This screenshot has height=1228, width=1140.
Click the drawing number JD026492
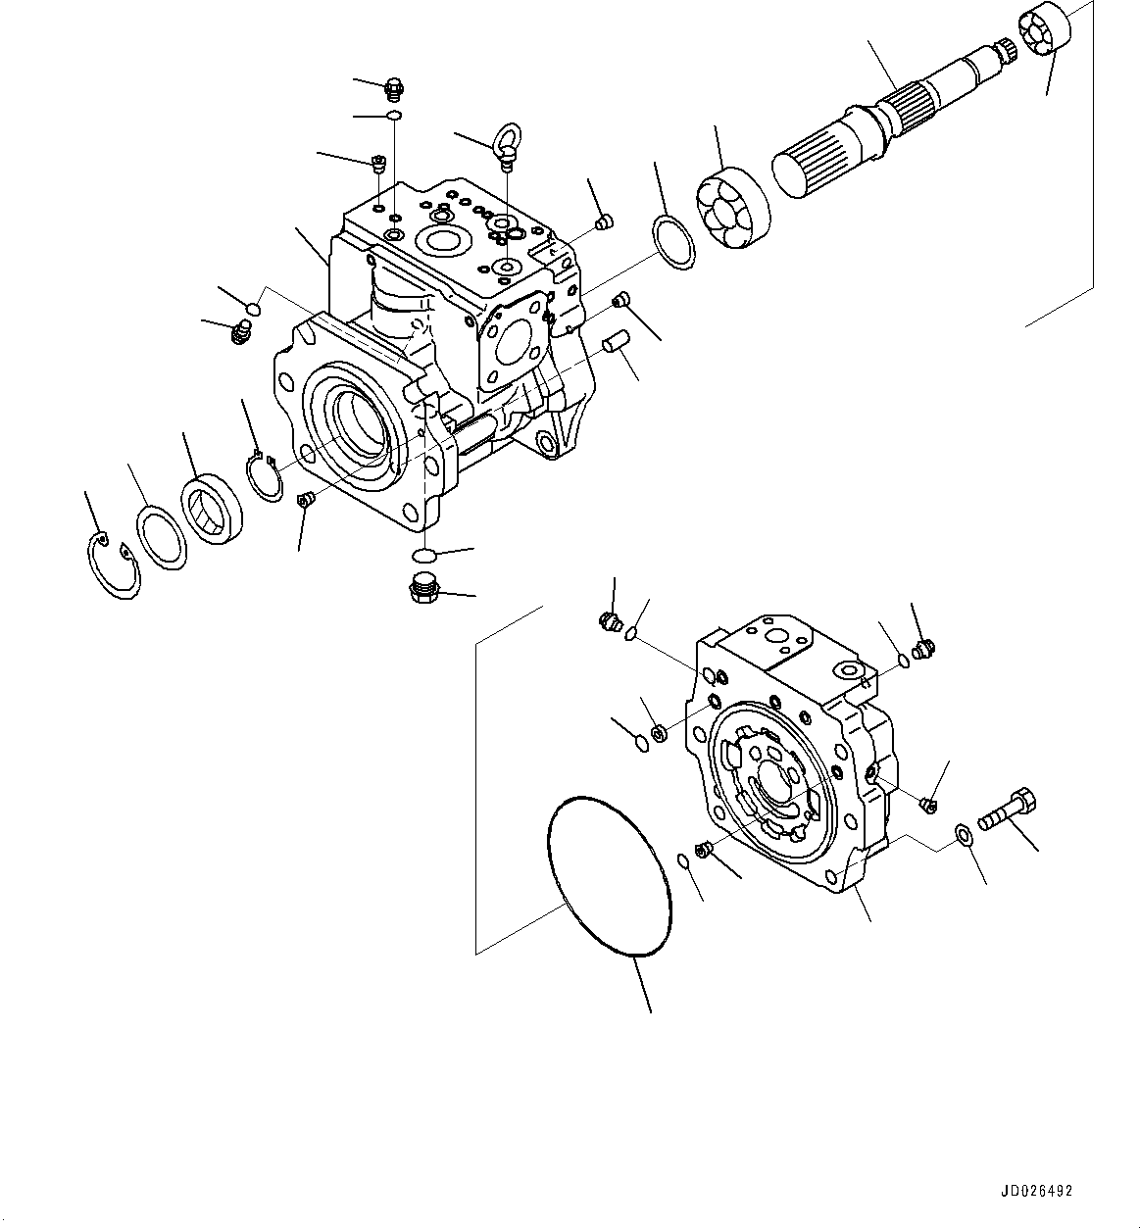pyautogui.click(x=1037, y=1192)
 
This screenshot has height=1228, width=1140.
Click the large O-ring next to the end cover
pyautogui.click(x=608, y=876)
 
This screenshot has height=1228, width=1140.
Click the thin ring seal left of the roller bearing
pyautogui.click(x=673, y=239)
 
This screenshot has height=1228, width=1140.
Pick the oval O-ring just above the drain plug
pyautogui.click(x=424, y=556)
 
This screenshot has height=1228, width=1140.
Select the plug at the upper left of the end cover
pyautogui.click(x=608, y=620)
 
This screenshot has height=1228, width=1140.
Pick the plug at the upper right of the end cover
pyautogui.click(x=921, y=647)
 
